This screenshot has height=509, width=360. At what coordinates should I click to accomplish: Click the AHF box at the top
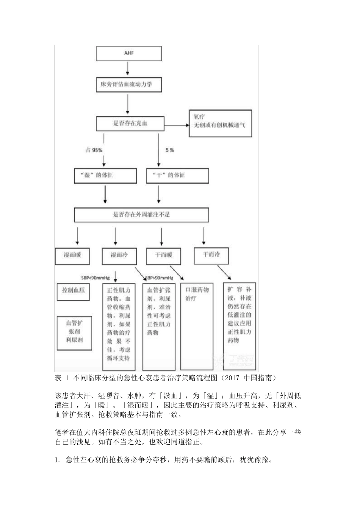point(129,53)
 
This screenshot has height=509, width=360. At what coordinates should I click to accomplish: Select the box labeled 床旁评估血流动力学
point(129,84)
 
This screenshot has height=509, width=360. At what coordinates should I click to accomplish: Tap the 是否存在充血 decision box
point(130,123)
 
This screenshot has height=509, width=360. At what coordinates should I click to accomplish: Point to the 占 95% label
point(94,150)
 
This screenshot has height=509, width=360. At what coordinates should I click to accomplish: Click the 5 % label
point(169,150)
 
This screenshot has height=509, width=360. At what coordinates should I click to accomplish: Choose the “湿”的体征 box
point(105,175)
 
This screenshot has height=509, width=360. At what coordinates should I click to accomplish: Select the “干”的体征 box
point(177,175)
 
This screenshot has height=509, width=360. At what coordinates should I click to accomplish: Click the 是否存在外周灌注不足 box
point(141,214)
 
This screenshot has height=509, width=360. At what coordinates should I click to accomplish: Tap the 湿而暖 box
point(73,256)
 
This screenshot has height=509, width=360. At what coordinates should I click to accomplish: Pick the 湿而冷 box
point(119,256)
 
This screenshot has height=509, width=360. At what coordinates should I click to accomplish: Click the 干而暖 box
point(164,256)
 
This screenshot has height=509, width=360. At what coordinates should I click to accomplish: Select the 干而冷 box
point(211,255)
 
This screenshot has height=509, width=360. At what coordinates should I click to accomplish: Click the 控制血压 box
point(74,290)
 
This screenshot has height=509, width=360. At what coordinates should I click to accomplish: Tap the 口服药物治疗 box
point(197,326)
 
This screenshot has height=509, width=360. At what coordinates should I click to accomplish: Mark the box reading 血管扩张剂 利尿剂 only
point(74,331)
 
